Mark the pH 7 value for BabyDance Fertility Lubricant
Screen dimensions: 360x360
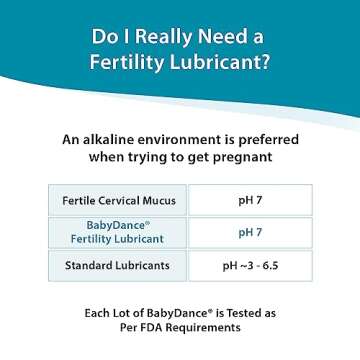[250, 232]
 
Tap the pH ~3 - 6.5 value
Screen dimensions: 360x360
[250, 266]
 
